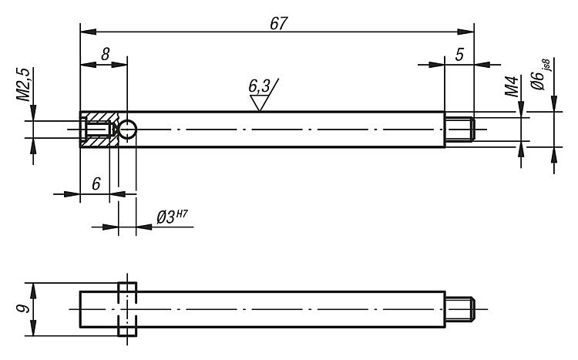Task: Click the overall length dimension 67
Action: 278,23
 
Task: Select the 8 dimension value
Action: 104,55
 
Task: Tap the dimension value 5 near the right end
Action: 460,55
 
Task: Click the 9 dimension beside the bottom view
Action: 24,309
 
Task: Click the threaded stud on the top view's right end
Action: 462,129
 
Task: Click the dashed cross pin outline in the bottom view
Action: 127,309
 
